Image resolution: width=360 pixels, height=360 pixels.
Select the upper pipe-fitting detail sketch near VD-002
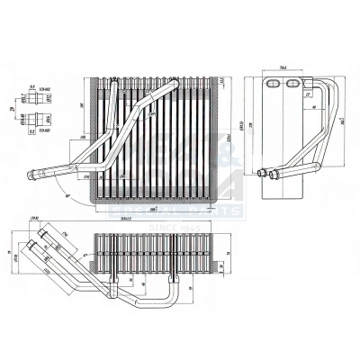(37, 99)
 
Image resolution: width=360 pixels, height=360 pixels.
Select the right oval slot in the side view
(292, 84)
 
